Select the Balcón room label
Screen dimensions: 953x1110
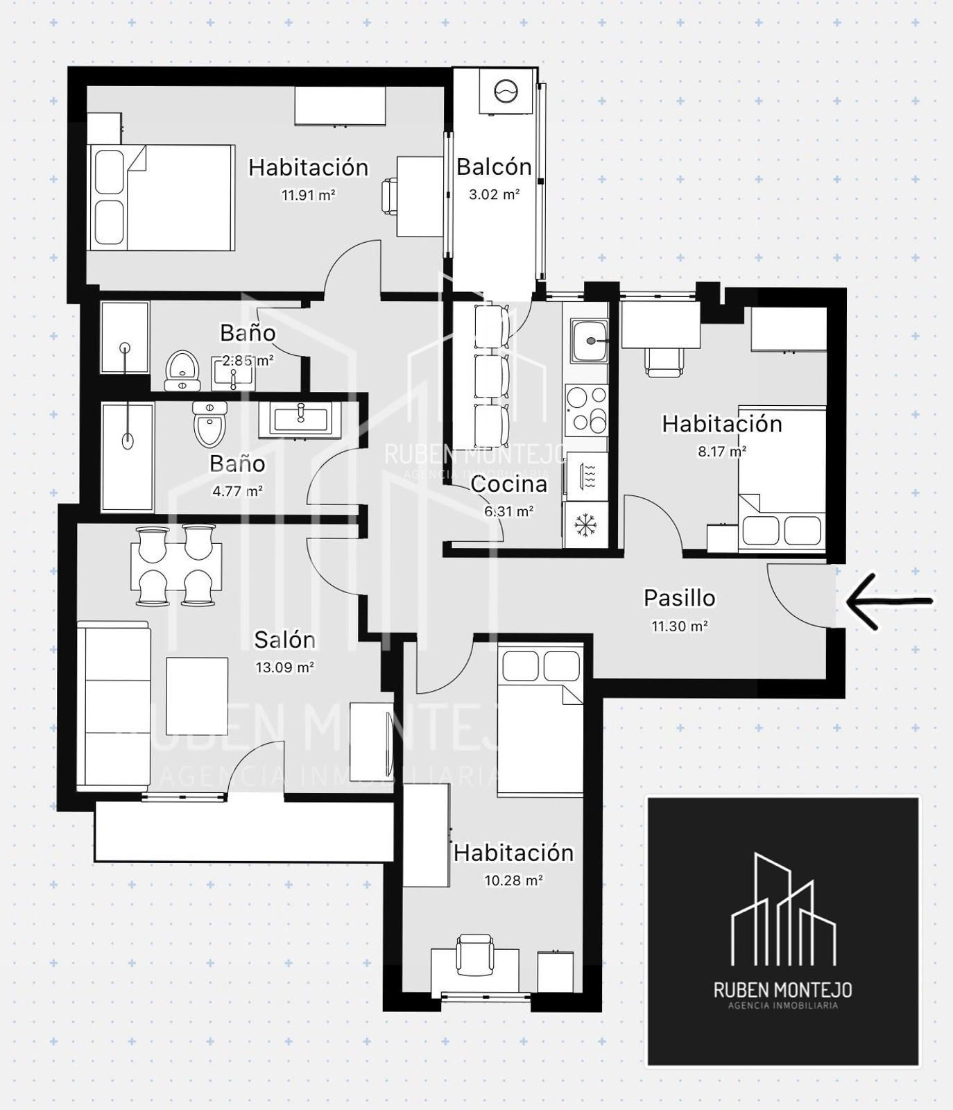(x=494, y=166)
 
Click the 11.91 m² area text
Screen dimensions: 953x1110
(x=308, y=195)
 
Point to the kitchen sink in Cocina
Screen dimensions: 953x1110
(x=589, y=341)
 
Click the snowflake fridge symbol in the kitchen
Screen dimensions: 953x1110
(x=586, y=524)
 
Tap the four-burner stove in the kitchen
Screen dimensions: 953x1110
(x=587, y=409)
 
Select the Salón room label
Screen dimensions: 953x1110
(x=284, y=639)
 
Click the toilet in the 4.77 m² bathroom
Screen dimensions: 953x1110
(x=210, y=423)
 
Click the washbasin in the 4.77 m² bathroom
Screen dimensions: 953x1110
(x=300, y=419)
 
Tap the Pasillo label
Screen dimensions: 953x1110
(x=679, y=597)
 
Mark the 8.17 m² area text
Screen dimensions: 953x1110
(x=722, y=451)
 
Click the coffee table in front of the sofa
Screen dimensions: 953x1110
(x=197, y=696)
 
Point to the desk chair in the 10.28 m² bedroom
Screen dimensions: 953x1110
(x=474, y=955)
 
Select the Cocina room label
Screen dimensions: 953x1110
(x=508, y=484)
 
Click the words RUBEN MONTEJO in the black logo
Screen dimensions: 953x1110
(x=783, y=989)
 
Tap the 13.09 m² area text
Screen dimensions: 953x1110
(x=284, y=667)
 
